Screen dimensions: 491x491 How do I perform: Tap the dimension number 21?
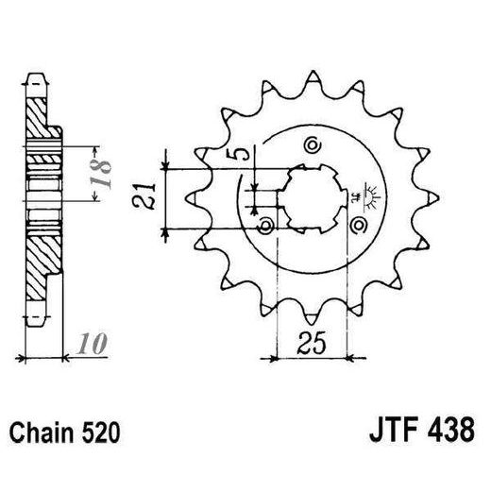(144, 197)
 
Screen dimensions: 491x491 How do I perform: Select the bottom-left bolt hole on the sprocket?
(266, 226)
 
